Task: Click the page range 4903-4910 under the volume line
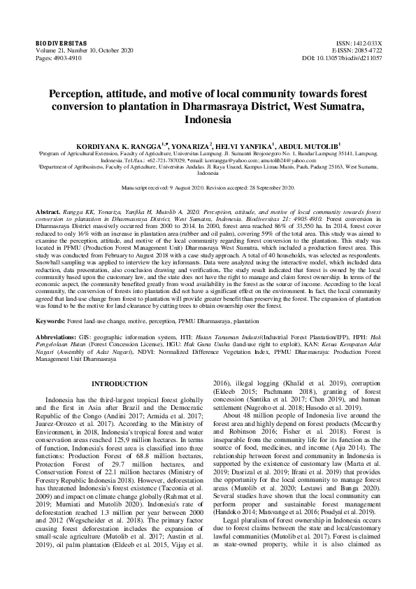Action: pos(64,58)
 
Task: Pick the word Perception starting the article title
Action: pos(76,94)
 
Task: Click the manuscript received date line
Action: pos(208,188)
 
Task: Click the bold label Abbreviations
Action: pos(59,336)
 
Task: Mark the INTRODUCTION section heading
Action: pos(120,383)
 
